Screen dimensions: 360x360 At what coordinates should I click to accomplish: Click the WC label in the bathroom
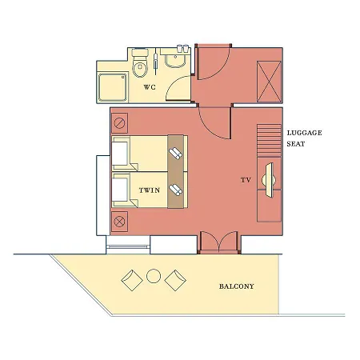(150, 87)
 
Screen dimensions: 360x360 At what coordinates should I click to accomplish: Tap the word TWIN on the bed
(150, 190)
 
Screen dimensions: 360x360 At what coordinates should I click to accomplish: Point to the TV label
(246, 180)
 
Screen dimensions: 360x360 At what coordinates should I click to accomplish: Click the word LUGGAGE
(304, 133)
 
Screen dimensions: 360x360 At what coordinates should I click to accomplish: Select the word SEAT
(296, 144)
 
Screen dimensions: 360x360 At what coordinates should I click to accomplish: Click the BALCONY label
(237, 286)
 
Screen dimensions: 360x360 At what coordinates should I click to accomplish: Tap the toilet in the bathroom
(140, 62)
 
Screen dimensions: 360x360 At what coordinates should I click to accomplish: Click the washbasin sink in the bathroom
(175, 59)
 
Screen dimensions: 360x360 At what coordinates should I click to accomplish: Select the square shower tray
(112, 87)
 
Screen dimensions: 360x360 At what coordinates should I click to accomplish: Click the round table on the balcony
(154, 276)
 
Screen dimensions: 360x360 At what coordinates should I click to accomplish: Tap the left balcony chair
(132, 280)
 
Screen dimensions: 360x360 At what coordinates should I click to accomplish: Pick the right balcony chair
(175, 280)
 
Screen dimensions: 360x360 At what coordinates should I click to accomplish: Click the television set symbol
(269, 180)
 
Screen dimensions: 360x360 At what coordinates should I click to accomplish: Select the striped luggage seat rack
(269, 140)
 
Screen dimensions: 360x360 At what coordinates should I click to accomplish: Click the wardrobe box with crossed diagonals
(269, 82)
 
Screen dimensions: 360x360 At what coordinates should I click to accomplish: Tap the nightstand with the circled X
(119, 222)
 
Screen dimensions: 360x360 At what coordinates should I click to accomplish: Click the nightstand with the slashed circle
(119, 123)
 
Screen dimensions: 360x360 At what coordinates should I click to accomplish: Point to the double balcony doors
(219, 242)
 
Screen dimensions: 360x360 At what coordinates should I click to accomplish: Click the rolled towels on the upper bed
(175, 154)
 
